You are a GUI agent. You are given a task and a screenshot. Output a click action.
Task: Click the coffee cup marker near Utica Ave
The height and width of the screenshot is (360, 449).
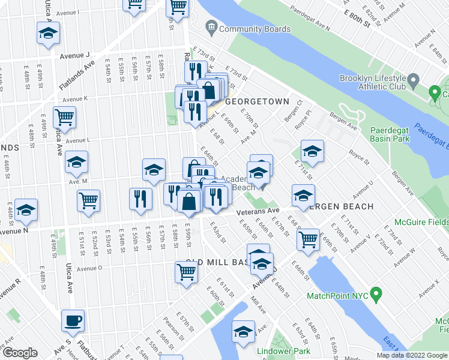point(73,320)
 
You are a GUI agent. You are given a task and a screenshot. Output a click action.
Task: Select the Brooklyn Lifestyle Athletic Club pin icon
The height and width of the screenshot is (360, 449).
point(413,80)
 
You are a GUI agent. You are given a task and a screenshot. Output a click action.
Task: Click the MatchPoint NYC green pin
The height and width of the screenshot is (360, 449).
point(376,295)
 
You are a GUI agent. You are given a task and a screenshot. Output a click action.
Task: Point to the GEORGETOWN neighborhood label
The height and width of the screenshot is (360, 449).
point(258,102)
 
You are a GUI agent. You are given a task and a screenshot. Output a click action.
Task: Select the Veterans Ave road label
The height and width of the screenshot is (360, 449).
point(258,211)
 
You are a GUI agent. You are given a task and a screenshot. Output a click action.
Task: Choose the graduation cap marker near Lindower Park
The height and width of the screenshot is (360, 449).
point(243,331)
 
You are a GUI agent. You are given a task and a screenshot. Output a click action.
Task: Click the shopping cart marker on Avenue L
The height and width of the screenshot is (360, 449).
point(64,118)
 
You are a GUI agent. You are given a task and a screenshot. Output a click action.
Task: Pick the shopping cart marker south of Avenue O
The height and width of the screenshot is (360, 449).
point(187,272)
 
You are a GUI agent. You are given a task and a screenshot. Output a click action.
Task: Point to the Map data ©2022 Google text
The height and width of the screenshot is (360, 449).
point(412,355)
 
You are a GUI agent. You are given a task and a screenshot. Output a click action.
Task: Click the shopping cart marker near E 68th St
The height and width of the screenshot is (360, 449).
point(308,239)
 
